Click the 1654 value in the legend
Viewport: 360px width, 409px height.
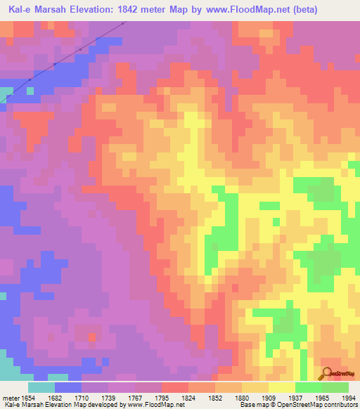(x=27, y=397)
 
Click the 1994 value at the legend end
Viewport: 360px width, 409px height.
(x=347, y=397)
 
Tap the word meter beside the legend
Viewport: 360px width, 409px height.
(x=10, y=397)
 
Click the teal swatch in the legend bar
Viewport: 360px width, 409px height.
(x=41, y=387)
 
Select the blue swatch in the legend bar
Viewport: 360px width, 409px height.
(x=67, y=387)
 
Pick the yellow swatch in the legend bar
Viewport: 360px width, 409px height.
(x=281, y=387)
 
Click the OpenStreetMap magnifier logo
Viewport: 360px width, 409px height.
(x=328, y=372)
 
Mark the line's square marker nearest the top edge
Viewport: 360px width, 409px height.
(x=122, y=23)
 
